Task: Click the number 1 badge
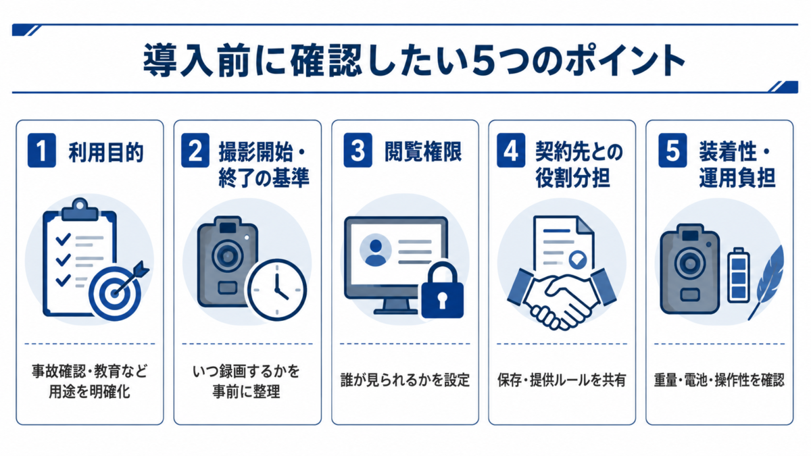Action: (42, 150)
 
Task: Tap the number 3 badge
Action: (358, 150)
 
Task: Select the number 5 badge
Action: (672, 150)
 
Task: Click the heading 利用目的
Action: (106, 153)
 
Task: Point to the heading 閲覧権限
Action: (423, 151)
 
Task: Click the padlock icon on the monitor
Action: (442, 290)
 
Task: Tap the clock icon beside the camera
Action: (277, 290)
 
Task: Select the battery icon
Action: (739, 275)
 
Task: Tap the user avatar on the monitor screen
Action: (376, 250)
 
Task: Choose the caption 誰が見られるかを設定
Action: (405, 380)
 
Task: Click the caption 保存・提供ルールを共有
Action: (562, 380)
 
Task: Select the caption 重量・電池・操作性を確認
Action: (719, 380)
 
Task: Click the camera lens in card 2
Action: (227, 256)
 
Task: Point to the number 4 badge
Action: (511, 150)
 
